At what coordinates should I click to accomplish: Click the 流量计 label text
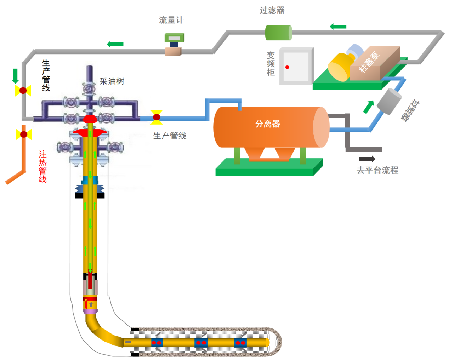tap(171, 20)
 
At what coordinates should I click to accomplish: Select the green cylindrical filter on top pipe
tap(278, 33)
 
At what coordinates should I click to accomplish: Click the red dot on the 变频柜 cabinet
tap(287, 67)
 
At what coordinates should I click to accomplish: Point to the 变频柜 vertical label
tap(271, 64)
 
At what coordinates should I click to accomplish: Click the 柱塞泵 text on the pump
tap(369, 62)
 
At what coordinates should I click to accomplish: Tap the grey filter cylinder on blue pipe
tap(389, 101)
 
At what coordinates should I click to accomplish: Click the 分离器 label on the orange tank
tap(268, 124)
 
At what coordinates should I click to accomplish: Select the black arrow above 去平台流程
tap(367, 159)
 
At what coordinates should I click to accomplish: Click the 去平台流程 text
tap(377, 170)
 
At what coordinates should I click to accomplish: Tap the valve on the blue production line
tap(157, 117)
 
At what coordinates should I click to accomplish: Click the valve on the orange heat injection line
tap(24, 135)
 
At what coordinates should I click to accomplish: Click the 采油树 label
tap(112, 81)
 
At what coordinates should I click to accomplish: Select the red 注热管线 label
tap(43, 166)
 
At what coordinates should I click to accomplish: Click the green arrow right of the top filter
tap(338, 27)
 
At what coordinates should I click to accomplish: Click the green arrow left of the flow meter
tap(115, 44)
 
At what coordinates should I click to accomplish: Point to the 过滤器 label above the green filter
tap(272, 11)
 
